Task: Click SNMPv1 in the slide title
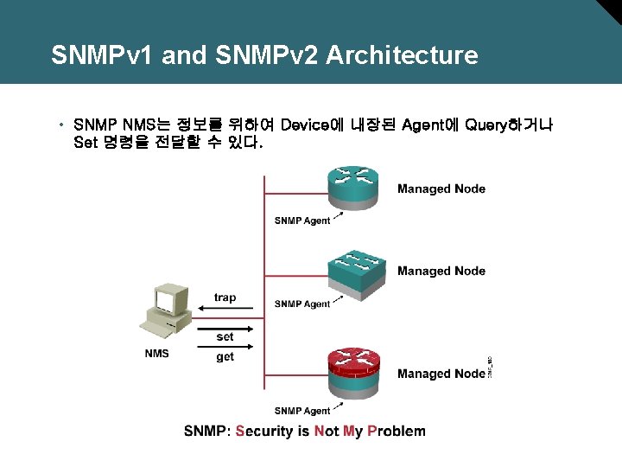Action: click(103, 55)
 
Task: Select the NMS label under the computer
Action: click(156, 353)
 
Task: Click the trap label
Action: click(225, 297)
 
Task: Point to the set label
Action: click(225, 336)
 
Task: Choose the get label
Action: click(225, 356)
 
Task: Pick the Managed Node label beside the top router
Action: click(441, 189)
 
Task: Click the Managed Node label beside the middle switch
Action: click(441, 271)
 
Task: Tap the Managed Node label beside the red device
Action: click(441, 374)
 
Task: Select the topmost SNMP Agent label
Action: click(301, 221)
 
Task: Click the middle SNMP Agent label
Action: click(301, 304)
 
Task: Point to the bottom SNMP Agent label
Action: click(301, 411)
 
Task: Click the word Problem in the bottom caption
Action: click(397, 431)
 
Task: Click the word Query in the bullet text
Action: click(488, 125)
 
